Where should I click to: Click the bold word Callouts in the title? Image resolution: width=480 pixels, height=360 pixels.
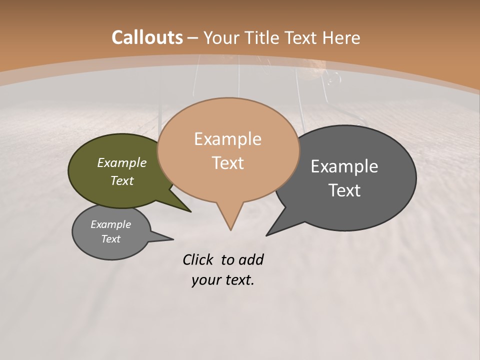(x=147, y=37)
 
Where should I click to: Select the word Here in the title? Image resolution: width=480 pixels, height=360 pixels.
(x=341, y=37)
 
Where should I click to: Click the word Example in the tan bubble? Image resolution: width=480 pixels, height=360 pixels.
(x=227, y=139)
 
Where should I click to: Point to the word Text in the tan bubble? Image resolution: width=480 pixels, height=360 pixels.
(x=227, y=163)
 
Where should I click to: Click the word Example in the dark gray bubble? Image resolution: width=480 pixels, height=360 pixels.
(x=344, y=166)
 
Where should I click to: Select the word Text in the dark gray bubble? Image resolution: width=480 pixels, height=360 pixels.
(x=344, y=190)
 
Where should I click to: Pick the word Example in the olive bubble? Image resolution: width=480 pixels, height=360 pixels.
(x=122, y=163)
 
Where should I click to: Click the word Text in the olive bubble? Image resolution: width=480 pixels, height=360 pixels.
(x=122, y=180)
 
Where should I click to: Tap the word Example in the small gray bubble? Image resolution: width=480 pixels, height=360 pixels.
(x=111, y=224)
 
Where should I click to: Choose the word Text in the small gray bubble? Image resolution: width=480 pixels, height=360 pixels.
(x=111, y=239)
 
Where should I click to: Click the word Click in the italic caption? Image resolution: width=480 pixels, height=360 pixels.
(x=198, y=260)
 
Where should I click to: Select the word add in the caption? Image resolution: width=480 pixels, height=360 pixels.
(x=251, y=260)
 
